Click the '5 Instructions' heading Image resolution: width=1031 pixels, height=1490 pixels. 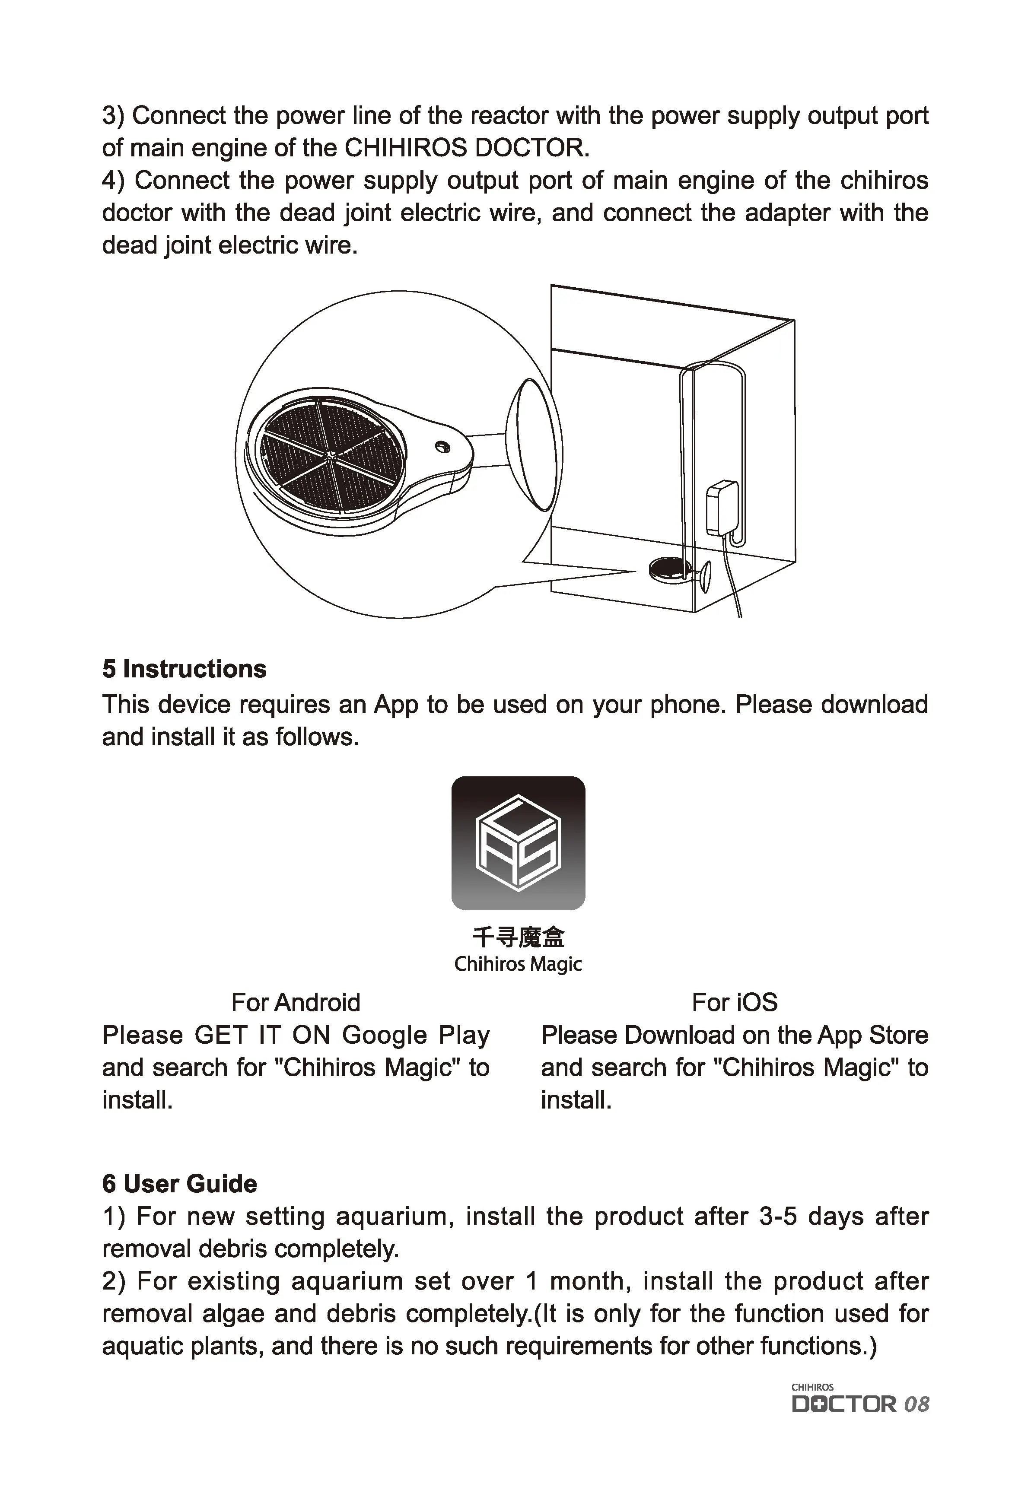click(x=184, y=669)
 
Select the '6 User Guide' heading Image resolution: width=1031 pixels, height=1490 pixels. click(x=180, y=1183)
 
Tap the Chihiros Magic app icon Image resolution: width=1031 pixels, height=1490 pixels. click(x=518, y=843)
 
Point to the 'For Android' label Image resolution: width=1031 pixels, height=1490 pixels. click(x=295, y=1002)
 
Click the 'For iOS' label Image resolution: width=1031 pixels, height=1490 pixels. click(x=735, y=1002)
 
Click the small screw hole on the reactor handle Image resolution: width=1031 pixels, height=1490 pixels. click(x=442, y=446)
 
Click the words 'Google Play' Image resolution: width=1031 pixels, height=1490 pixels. click(x=415, y=1036)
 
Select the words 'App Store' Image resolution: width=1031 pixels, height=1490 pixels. click(x=872, y=1036)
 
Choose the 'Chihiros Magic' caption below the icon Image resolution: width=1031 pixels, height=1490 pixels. click(x=518, y=964)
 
